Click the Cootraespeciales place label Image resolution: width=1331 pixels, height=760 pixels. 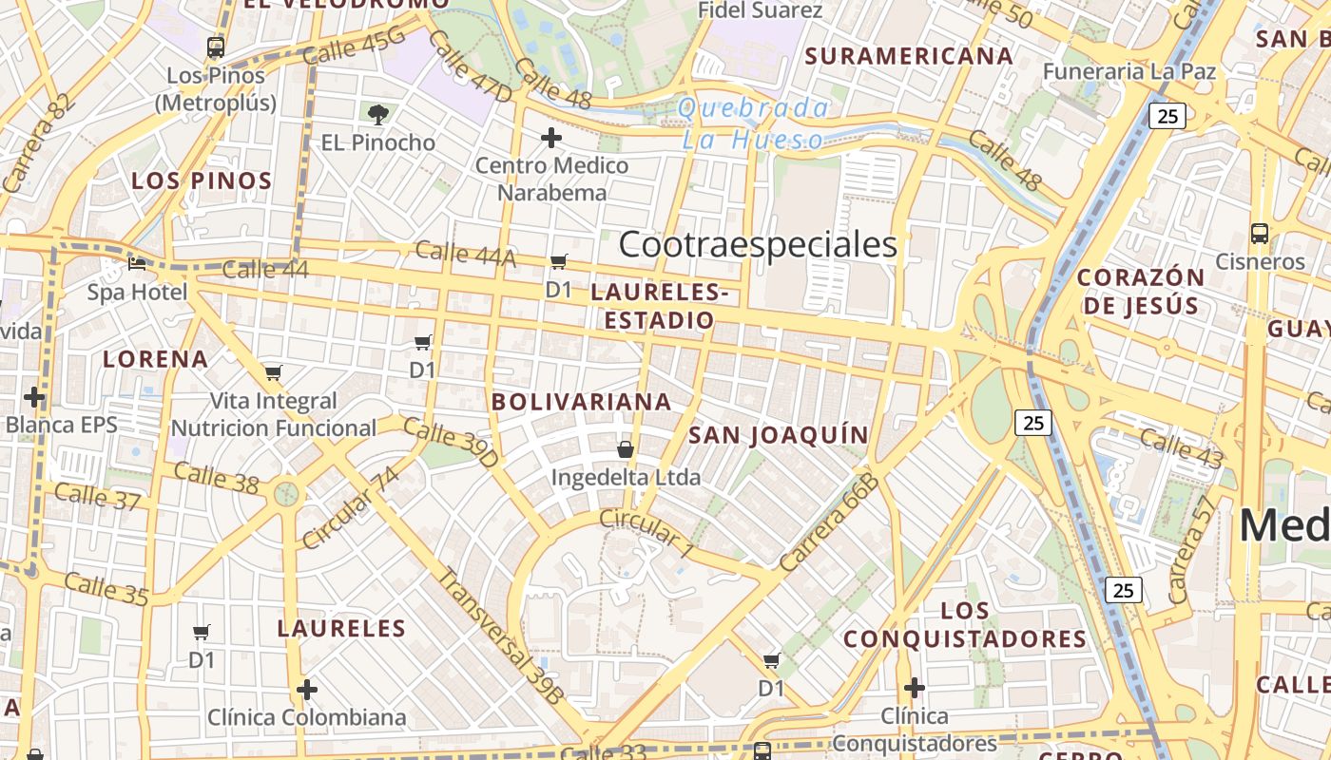pos(758,244)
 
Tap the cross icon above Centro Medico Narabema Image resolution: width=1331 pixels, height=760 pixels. pos(551,138)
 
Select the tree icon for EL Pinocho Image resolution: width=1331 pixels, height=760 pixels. pos(378,115)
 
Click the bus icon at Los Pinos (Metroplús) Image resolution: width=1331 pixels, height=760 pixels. pos(216,47)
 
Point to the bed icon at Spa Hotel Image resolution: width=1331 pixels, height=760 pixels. pos(138,264)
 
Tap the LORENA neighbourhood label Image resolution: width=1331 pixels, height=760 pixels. pos(155,359)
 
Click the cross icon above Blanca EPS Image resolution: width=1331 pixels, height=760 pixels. pos(35,396)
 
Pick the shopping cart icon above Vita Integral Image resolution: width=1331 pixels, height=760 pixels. pos(274,372)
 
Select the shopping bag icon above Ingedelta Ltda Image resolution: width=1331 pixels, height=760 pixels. pos(626,448)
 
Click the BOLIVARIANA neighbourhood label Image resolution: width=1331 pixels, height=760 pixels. pos(582,402)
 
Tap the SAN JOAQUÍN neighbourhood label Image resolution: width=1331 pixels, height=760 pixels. pos(778,435)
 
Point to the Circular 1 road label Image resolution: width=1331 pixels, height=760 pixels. pos(646,533)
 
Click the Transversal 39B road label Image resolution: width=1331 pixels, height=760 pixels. pos(499,635)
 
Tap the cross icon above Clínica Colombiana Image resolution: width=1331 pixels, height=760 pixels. pos(306,689)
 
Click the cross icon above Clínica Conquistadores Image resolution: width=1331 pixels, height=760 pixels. pos(914,687)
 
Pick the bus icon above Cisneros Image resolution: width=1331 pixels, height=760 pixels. pos(1260,234)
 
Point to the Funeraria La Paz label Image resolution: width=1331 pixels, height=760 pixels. pos(1128,71)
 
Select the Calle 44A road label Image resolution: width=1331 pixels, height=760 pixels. pos(465,254)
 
